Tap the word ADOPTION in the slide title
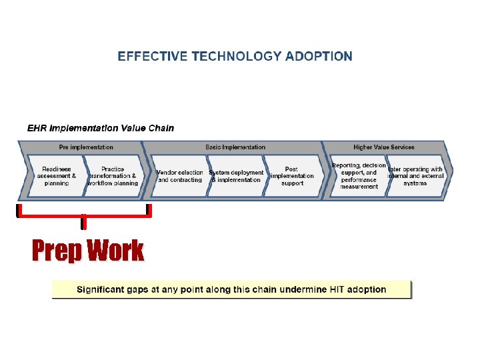(x=319, y=57)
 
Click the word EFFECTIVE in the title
(x=153, y=57)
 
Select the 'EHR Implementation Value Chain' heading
(x=100, y=128)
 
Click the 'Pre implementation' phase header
(x=86, y=147)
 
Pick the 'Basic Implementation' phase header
(x=235, y=147)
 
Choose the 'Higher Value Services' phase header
(x=383, y=147)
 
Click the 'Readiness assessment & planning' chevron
(x=57, y=176)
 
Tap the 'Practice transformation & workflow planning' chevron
(x=113, y=176)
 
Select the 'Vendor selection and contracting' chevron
(x=179, y=176)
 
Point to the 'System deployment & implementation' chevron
(x=236, y=176)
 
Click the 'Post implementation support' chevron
(x=292, y=176)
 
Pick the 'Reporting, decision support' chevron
(x=359, y=176)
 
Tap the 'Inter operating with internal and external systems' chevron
(x=415, y=176)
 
